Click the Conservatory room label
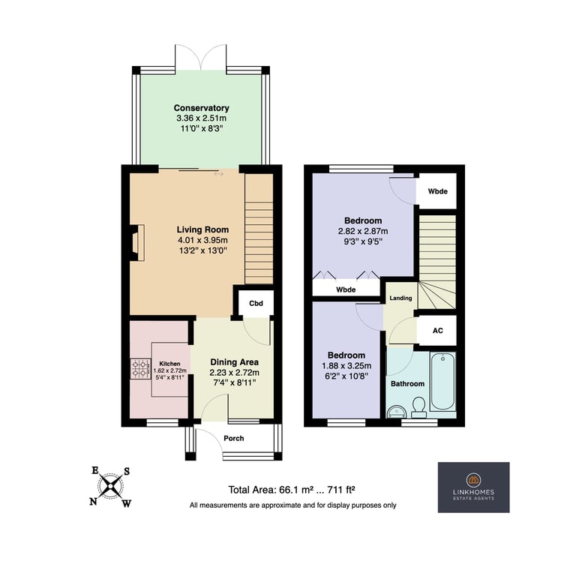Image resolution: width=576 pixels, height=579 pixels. coord(201,108)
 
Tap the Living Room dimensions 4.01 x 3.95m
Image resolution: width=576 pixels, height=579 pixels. coord(202,240)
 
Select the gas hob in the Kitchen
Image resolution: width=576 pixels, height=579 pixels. coord(140,369)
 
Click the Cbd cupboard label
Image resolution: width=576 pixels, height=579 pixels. coord(256,304)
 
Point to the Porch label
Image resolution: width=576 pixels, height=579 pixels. coord(234,438)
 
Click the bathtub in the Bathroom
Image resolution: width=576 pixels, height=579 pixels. coord(442,381)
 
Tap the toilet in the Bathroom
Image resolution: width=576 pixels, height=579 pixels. coord(418,407)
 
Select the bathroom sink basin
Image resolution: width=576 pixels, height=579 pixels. coord(396,411)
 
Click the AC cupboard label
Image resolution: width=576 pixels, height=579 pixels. coord(437,331)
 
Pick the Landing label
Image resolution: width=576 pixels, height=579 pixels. coord(400,298)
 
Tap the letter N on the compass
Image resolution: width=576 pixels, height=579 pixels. coord(94,501)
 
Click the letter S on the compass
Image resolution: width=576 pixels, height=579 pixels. coord(127,471)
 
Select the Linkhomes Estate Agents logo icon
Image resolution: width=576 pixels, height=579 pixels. coord(473,480)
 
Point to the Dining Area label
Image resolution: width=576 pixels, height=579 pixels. coord(235,362)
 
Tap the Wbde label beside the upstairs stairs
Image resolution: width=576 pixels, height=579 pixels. coord(437,191)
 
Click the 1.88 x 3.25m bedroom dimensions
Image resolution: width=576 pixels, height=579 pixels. coord(346,366)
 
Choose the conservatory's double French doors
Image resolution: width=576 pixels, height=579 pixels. coord(201,57)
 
